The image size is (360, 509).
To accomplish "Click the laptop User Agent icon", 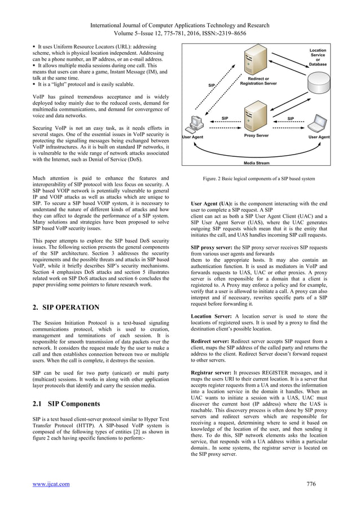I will coord(319,122).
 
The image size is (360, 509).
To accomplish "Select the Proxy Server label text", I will coord(257,136).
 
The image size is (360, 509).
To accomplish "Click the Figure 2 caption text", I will coord(258,179).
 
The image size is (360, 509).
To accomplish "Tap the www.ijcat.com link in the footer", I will coord(54,483).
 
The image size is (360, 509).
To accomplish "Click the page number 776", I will coord(310,483).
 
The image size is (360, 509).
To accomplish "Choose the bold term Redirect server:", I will coord(212,342).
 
